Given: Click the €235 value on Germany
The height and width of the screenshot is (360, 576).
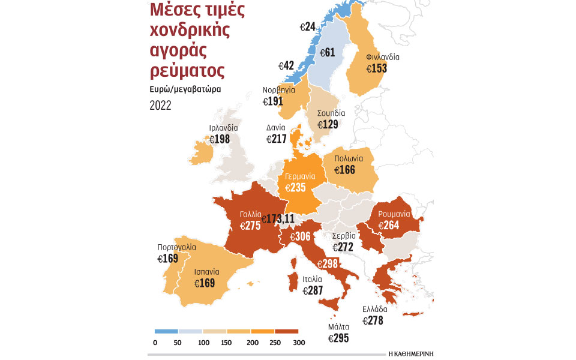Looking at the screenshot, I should tap(295, 188).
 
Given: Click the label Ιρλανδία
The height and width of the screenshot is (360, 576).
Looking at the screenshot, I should tap(223, 128).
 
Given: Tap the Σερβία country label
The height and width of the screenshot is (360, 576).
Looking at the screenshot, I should tap(344, 236).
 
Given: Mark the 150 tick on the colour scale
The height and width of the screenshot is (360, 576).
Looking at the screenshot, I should tap(227, 343).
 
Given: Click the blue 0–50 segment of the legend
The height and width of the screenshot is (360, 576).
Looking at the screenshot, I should tap(166, 331).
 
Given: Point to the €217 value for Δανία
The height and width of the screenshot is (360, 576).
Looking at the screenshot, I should tap(277, 139).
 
